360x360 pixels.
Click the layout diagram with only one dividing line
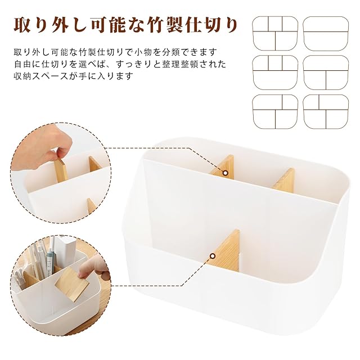click(326, 34)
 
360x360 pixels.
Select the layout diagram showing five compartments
click(275, 34)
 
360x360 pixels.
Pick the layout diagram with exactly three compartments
click(326, 73)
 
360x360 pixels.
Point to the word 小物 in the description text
click(144, 52)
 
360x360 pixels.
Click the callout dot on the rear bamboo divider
click(225, 173)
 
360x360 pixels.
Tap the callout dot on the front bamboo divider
click(213, 256)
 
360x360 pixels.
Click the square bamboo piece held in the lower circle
click(72, 285)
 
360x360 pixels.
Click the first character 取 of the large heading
click(22, 25)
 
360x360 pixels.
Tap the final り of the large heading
click(230, 25)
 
